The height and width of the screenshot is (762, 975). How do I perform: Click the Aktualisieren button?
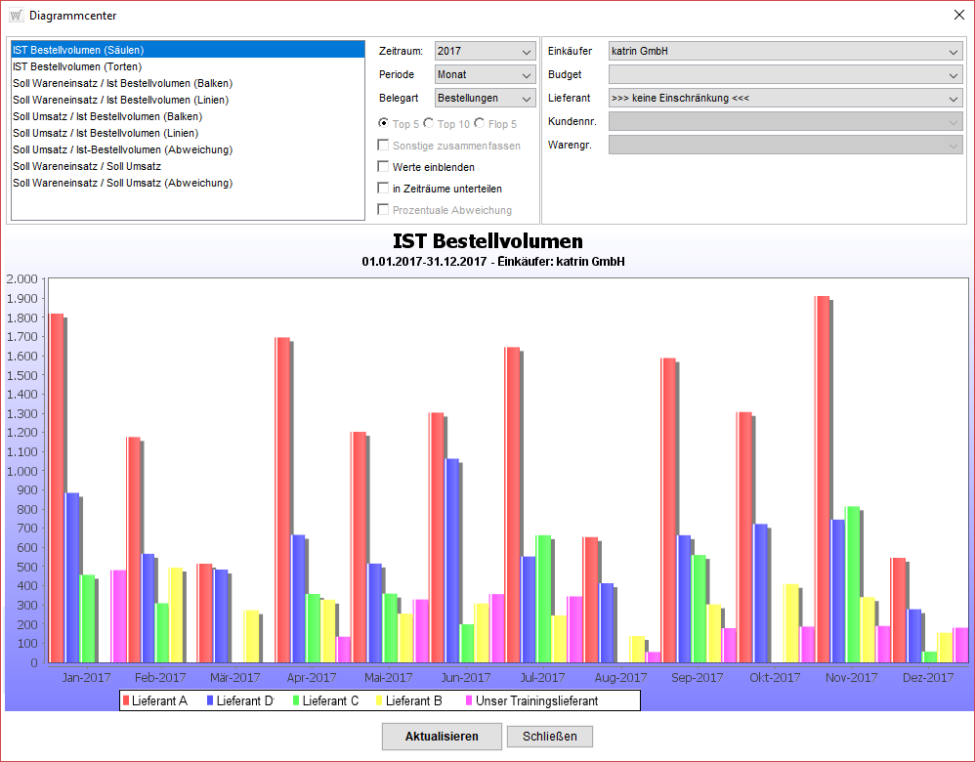pyautogui.click(x=442, y=736)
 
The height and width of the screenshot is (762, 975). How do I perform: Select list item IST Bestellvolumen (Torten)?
pyautogui.click(x=77, y=66)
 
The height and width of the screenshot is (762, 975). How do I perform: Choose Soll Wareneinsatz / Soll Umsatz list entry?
pyautogui.click(x=87, y=166)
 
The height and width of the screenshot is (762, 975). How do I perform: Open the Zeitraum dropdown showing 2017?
pyautogui.click(x=485, y=52)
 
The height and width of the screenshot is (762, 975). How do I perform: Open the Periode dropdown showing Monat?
pyautogui.click(x=485, y=74)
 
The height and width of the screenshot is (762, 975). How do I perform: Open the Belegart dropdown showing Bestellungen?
pyautogui.click(x=485, y=98)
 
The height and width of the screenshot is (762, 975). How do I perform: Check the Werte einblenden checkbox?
pyautogui.click(x=384, y=167)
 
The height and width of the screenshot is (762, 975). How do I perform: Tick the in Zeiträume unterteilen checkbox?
pyautogui.click(x=384, y=189)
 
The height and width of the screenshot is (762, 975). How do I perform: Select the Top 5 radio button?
pyautogui.click(x=384, y=124)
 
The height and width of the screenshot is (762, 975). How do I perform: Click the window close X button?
pyautogui.click(x=957, y=15)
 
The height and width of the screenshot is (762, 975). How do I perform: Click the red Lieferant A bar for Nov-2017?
pyautogui.click(x=822, y=479)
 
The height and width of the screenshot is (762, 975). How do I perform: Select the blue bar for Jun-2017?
pyautogui.click(x=451, y=560)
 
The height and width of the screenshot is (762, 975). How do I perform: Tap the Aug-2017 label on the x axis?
pyautogui.click(x=619, y=677)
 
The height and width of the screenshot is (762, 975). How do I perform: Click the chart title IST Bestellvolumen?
pyautogui.click(x=487, y=241)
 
